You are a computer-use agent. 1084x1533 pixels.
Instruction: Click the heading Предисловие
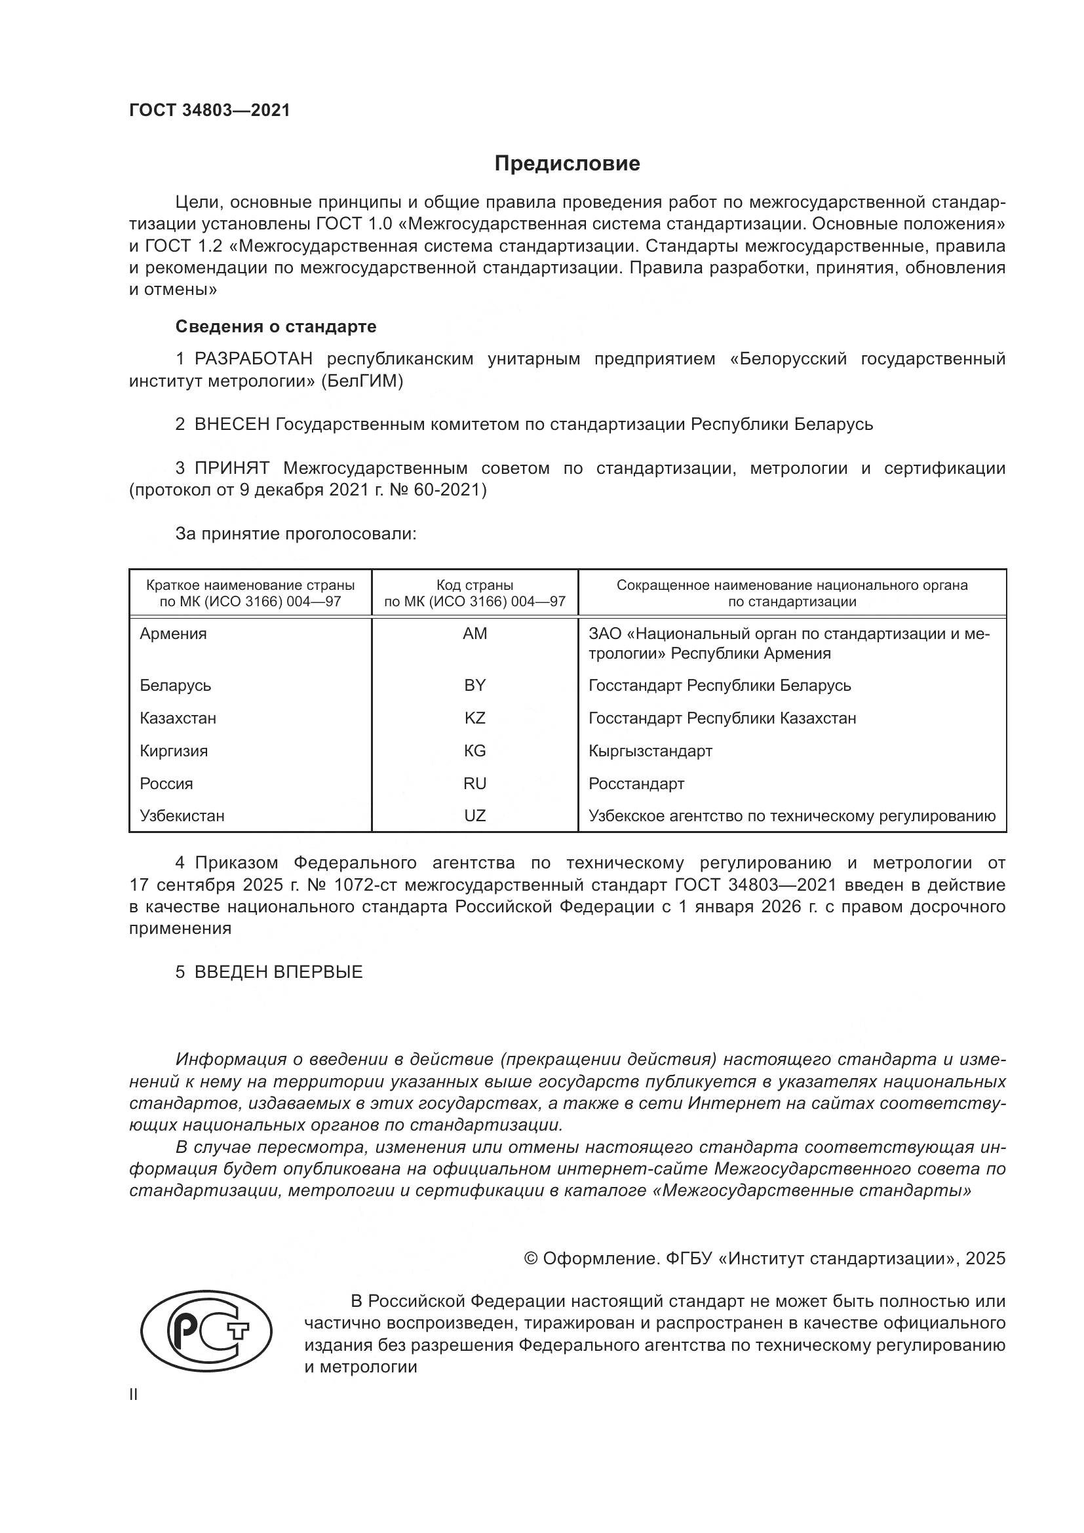point(567,164)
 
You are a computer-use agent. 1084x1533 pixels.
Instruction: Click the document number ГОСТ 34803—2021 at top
point(210,111)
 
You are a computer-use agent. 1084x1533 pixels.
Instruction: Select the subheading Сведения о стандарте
point(276,326)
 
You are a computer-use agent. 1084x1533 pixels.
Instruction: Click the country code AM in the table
point(474,634)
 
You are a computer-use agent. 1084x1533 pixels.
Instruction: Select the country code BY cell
point(474,686)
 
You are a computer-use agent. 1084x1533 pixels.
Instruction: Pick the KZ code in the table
point(474,718)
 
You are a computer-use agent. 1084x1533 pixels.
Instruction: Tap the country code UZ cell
point(474,816)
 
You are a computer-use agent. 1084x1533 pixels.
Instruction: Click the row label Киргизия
point(174,751)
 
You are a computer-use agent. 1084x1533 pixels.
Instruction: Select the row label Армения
point(173,634)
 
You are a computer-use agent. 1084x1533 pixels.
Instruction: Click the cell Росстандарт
point(636,784)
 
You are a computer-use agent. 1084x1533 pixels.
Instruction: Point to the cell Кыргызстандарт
point(650,751)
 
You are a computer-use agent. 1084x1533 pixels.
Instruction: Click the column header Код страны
point(474,585)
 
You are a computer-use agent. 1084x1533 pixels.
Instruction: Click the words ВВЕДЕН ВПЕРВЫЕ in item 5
point(279,972)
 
